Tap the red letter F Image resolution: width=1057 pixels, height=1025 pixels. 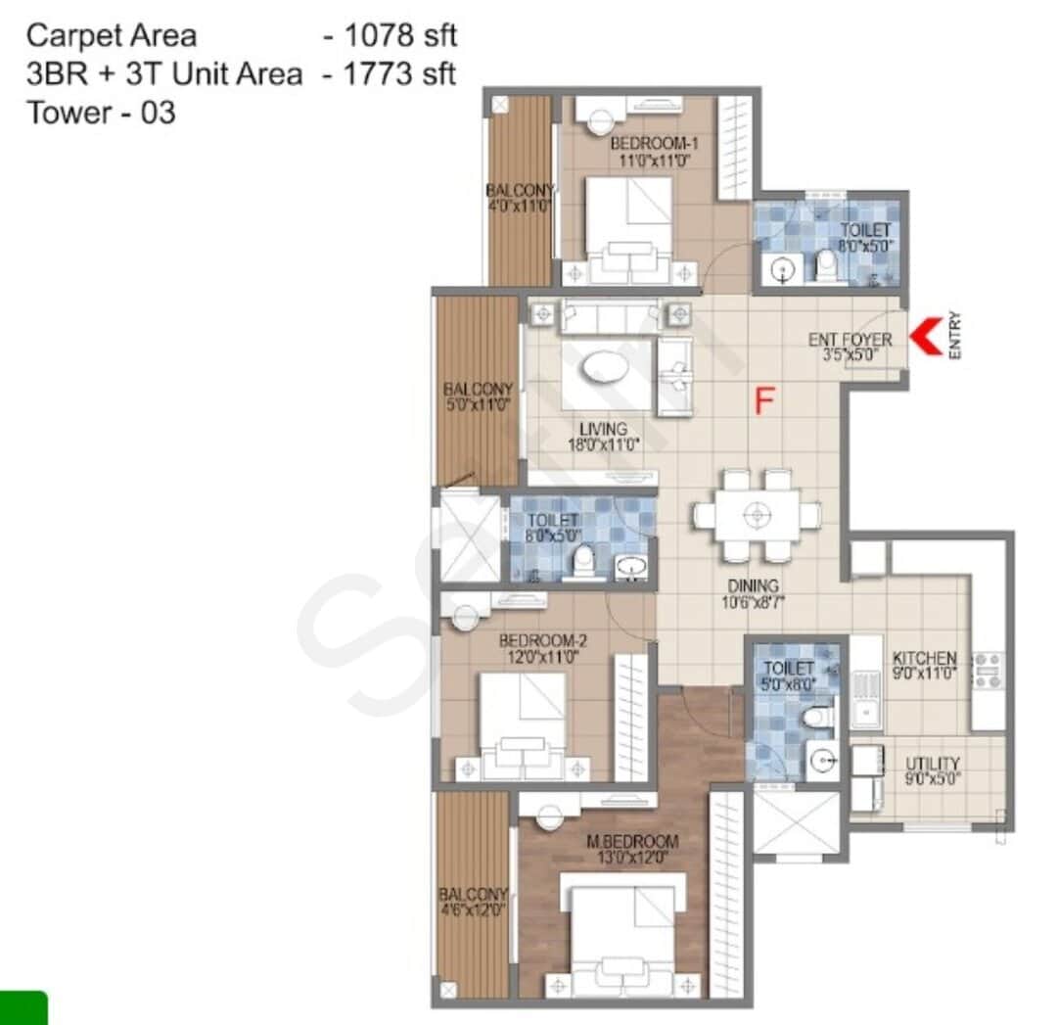pyautogui.click(x=765, y=400)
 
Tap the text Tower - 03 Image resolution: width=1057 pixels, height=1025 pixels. pyautogui.click(x=101, y=113)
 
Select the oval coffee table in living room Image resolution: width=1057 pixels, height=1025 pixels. pyautogui.click(x=610, y=368)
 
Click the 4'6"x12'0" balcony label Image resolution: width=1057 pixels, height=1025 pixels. pyautogui.click(x=472, y=904)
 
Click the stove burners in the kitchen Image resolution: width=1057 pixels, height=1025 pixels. pyautogui.click(x=987, y=670)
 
